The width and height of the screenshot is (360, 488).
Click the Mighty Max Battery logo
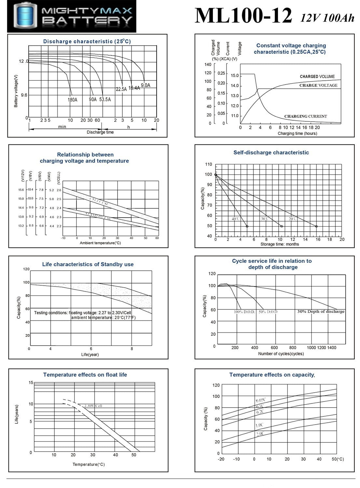point(72,16)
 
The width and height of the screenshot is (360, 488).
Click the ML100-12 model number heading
point(243,16)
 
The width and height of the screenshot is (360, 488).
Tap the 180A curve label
point(73,100)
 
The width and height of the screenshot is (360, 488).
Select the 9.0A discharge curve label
point(145,85)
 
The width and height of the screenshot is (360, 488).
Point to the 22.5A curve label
point(121,89)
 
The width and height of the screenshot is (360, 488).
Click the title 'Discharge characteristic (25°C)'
point(87,41)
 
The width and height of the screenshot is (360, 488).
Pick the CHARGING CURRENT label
point(305,116)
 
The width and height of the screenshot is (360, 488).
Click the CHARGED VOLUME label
point(317,76)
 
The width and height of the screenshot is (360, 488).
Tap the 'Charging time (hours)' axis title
point(297,133)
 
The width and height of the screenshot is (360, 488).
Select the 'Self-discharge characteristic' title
point(271,152)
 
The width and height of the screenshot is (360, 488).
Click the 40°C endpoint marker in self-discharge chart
point(247,226)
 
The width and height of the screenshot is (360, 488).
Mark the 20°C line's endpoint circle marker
point(316,226)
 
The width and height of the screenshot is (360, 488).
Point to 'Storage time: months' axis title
point(280,244)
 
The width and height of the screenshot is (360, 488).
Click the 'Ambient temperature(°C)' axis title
point(100,243)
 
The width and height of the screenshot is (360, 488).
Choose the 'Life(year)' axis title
point(90,354)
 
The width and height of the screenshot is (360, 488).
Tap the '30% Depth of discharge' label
point(321,311)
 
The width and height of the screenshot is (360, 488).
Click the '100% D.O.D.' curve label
point(244,312)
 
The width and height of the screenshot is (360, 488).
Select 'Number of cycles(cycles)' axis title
point(281,354)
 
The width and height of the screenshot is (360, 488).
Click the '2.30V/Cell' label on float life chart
point(93,406)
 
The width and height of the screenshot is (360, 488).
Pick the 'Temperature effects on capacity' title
point(272,375)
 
